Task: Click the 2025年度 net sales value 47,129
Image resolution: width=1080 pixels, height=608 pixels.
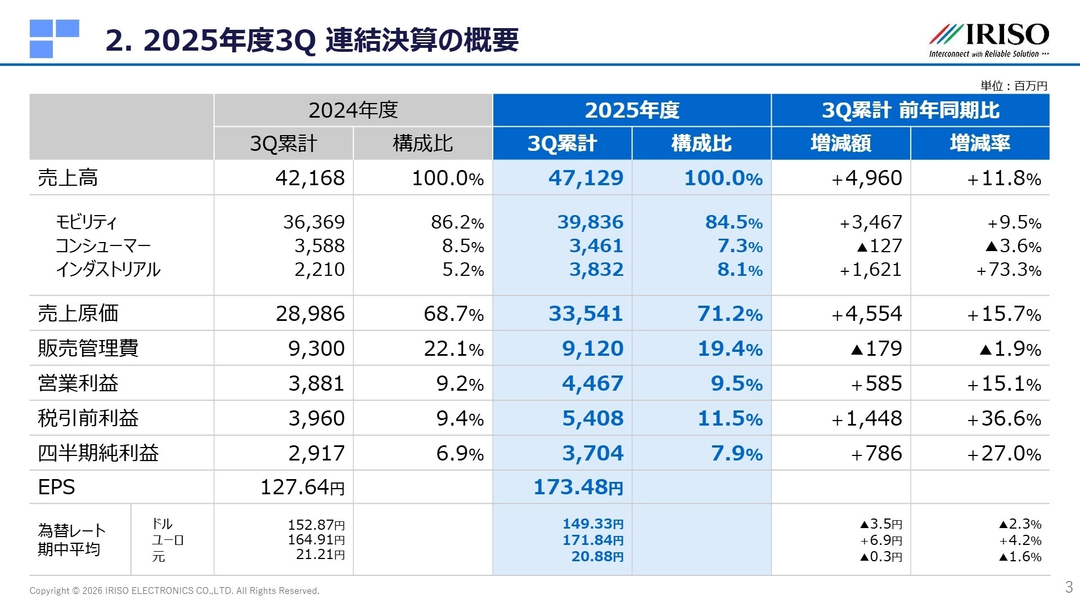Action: click(586, 178)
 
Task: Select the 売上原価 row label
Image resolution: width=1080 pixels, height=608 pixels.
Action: click(78, 314)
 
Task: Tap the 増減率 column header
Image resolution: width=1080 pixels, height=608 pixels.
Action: click(979, 144)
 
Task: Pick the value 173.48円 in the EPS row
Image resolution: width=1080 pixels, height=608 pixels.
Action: click(578, 487)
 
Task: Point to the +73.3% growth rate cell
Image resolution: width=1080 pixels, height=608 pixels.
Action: click(1009, 270)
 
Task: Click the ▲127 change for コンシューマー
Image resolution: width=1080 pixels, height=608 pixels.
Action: click(879, 246)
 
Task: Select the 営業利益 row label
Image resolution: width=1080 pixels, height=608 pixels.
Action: click(78, 383)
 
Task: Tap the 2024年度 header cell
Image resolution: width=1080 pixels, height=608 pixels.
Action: click(353, 110)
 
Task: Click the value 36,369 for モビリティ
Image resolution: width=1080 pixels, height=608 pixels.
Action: click(313, 222)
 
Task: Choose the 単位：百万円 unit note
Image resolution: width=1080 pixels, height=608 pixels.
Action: click(1014, 86)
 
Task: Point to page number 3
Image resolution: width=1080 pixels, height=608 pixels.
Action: click(1069, 587)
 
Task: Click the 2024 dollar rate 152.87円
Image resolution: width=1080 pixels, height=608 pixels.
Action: click(316, 525)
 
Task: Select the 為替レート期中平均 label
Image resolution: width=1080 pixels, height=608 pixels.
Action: click(71, 539)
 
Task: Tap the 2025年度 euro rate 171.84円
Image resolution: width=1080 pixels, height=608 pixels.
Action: click(593, 540)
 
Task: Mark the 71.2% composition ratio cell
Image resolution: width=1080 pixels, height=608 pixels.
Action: click(730, 314)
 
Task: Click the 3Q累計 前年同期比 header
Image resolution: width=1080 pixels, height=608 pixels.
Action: click(910, 110)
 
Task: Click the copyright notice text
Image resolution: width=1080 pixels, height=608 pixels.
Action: click(174, 591)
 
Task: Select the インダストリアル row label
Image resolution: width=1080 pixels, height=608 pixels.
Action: click(107, 270)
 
